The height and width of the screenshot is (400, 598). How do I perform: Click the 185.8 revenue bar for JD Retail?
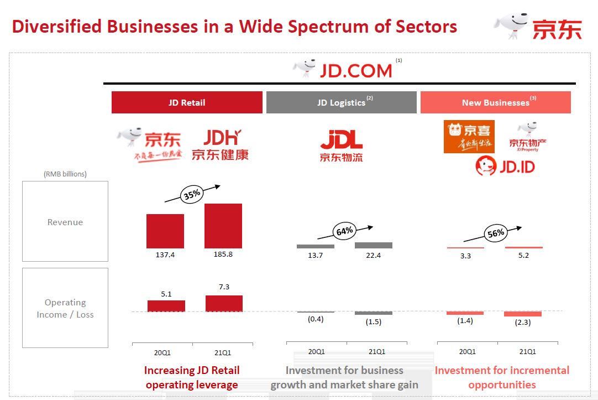tap(223, 226)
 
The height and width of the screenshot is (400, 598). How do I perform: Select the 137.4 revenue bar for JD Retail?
tap(165, 231)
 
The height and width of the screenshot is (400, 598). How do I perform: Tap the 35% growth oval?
tap(192, 194)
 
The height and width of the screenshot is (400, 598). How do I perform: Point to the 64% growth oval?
tap(344, 231)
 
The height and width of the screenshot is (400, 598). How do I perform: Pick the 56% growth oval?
tap(496, 233)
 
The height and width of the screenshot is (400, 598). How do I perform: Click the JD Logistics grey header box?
tap(341, 102)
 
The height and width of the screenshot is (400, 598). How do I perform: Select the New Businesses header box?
tap(495, 102)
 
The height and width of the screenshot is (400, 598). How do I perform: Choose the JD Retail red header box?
tap(187, 102)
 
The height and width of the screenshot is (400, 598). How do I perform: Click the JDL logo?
tap(341, 145)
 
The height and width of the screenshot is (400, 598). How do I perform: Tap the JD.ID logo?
tap(505, 166)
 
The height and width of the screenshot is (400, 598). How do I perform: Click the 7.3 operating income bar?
tap(224, 303)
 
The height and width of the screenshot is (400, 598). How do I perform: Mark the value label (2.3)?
tap(522, 322)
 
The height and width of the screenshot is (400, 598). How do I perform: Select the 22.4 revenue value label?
tap(373, 255)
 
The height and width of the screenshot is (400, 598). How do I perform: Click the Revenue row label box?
tap(65, 221)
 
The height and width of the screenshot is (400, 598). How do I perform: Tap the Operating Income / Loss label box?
tap(65, 308)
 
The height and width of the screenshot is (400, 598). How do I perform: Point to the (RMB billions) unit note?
tap(65, 174)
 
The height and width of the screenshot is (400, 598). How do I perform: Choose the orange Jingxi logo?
tap(469, 137)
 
